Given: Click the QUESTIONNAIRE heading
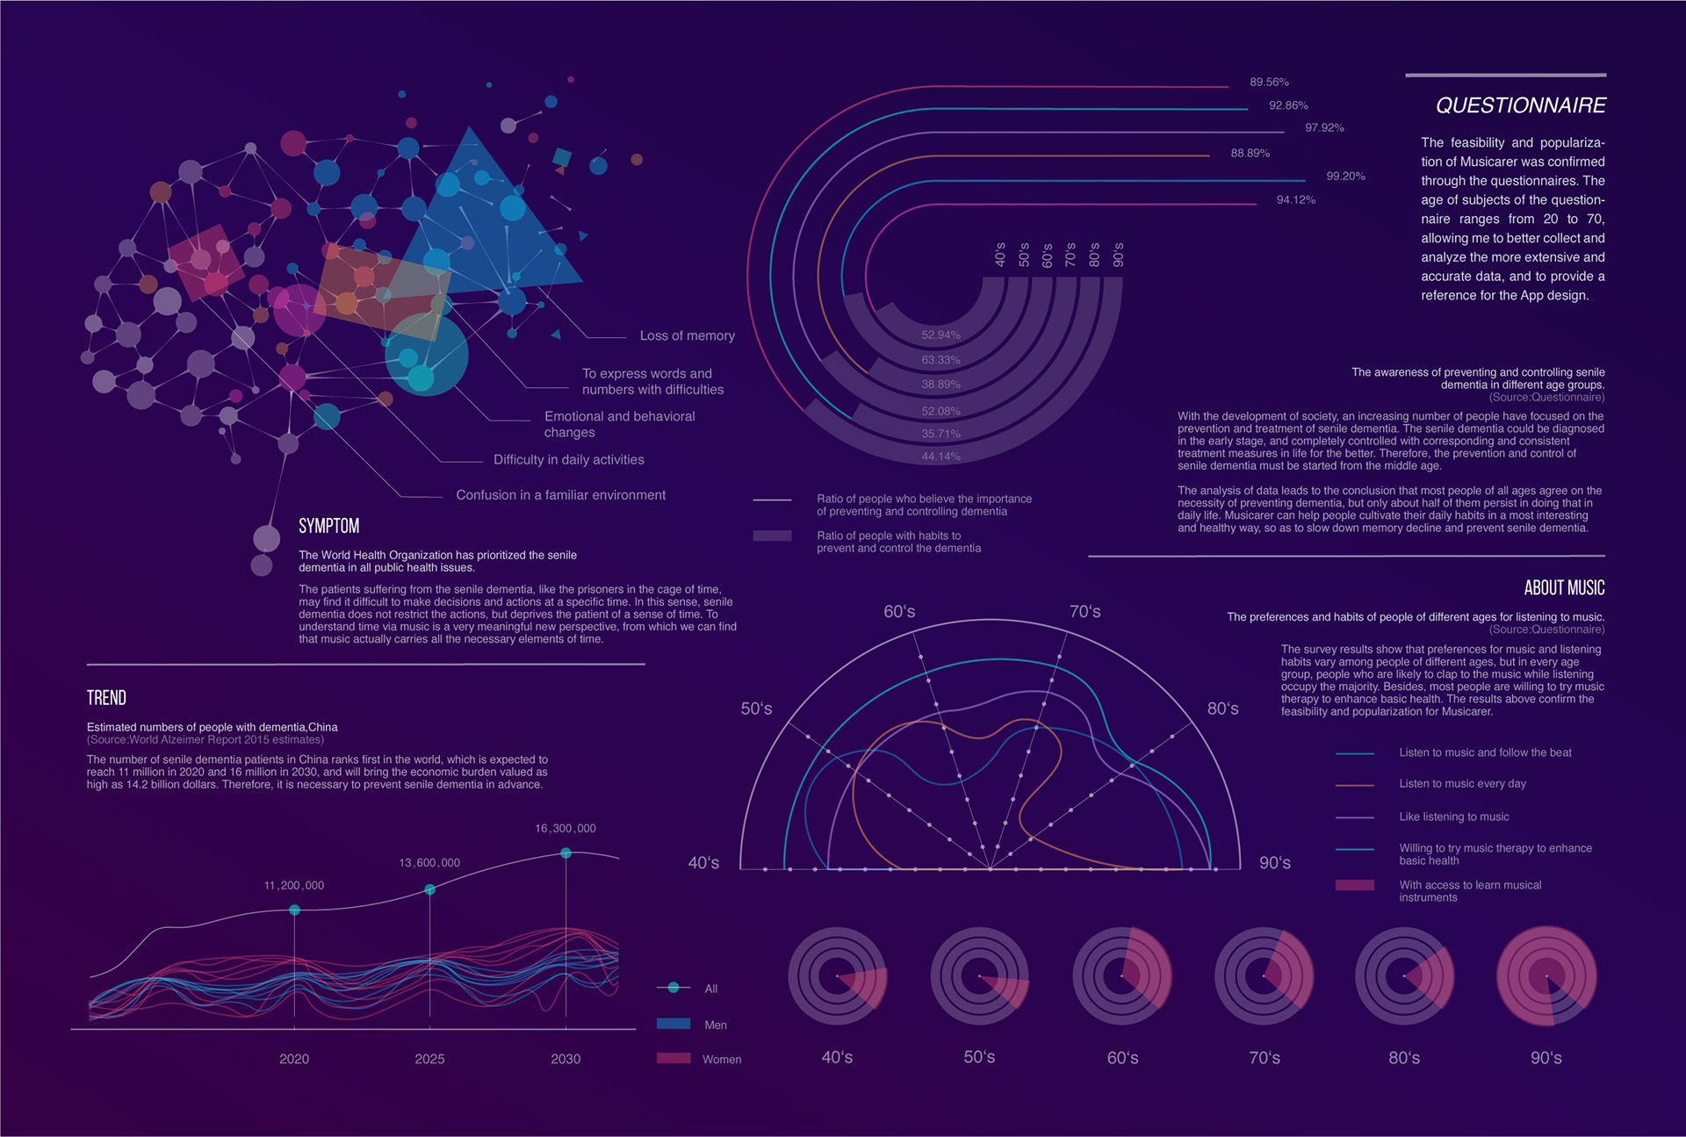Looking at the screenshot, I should [x=1520, y=106].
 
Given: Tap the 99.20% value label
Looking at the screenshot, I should [x=1345, y=176].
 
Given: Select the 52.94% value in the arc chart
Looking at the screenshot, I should [x=940, y=335].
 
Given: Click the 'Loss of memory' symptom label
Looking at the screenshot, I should [x=687, y=336].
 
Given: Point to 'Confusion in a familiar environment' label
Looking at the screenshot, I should [x=560, y=495].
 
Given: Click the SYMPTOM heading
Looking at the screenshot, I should [x=328, y=526].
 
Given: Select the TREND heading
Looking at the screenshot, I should [x=106, y=698].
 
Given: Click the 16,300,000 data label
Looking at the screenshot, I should [x=566, y=829].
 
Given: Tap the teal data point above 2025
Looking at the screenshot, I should [x=429, y=889].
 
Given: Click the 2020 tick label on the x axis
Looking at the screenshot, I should [x=294, y=1059].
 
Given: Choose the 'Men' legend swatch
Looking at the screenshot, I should [x=674, y=1024].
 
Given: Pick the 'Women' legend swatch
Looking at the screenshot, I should [x=674, y=1058].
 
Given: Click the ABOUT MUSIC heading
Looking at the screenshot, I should [x=1564, y=588].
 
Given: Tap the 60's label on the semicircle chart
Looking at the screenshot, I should [x=899, y=612].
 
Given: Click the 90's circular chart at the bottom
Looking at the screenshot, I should [x=1546, y=975].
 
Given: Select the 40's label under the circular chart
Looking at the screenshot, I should [x=837, y=1057].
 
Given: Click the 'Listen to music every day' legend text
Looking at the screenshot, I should [x=1462, y=784].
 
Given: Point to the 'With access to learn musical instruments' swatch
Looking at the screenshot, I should [x=1354, y=885].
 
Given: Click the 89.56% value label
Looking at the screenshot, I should [x=1269, y=83].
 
